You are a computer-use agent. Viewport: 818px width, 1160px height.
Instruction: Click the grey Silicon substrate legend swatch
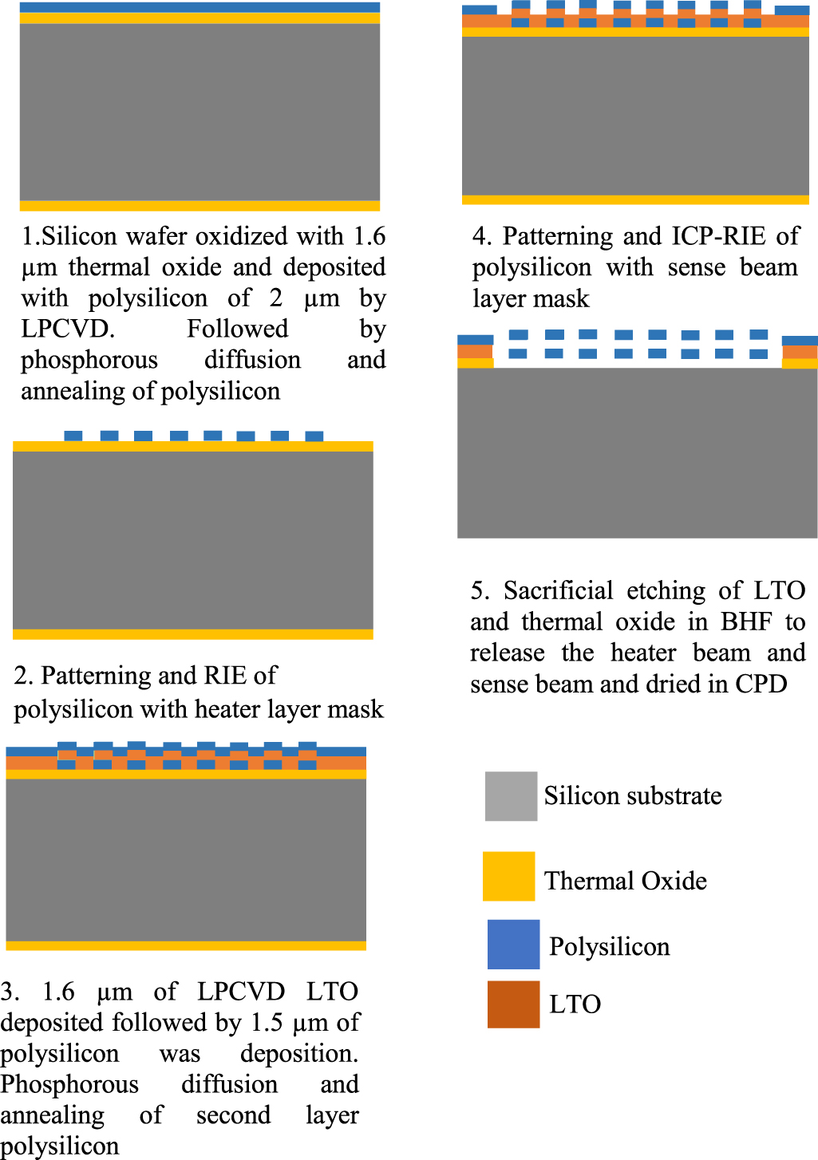[511, 796]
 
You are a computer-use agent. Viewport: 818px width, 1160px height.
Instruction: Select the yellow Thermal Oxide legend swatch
[508, 876]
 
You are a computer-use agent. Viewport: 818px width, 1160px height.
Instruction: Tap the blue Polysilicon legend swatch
[513, 944]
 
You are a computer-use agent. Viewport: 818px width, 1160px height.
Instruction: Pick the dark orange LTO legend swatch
[513, 1004]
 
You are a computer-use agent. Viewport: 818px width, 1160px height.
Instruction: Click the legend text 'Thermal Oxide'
[626, 880]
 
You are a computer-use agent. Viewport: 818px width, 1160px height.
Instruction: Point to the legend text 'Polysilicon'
[609, 947]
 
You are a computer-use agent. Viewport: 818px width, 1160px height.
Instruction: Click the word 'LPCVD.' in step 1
[68, 329]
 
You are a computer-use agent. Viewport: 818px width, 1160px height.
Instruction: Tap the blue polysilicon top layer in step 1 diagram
[200, 7]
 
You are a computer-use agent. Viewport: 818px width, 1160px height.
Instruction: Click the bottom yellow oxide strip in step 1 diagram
[200, 206]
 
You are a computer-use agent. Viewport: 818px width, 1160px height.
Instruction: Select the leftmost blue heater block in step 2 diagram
[73, 436]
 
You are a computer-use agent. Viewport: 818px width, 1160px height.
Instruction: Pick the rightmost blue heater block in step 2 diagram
[314, 436]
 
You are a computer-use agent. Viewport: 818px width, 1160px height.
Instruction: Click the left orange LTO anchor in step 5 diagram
[475, 352]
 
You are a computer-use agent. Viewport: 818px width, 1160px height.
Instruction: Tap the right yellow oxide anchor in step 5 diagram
[800, 364]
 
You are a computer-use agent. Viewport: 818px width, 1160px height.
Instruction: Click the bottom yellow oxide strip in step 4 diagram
[636, 200]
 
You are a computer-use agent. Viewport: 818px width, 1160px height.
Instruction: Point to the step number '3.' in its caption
[10, 991]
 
